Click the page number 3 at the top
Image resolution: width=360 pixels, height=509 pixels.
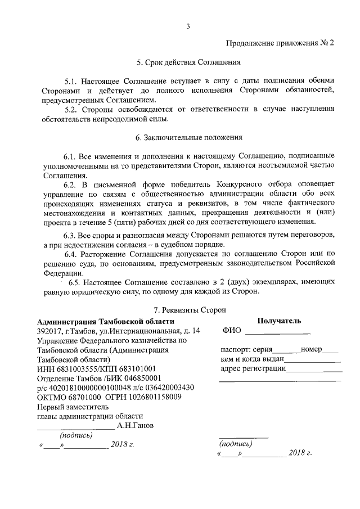click(188, 25)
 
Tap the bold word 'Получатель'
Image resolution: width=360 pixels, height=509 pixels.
click(279, 321)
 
